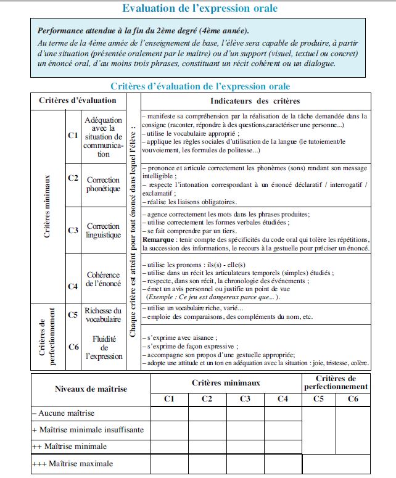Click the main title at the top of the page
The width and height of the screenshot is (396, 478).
tap(200, 8)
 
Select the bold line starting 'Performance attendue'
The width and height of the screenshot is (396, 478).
tap(144, 30)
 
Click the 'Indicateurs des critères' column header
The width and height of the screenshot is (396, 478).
tap(255, 101)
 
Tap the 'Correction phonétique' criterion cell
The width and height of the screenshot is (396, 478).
tap(103, 184)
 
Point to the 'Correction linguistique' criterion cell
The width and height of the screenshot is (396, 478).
tap(103, 231)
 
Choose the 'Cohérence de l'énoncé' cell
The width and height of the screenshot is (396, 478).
tap(103, 279)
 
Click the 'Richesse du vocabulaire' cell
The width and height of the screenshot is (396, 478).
tap(103, 316)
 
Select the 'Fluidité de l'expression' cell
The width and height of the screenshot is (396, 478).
tap(103, 347)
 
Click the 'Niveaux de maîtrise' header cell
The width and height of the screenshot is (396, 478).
tap(91, 389)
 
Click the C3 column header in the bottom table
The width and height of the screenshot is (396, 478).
tap(245, 399)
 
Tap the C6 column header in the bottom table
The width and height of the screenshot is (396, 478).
tap(353, 399)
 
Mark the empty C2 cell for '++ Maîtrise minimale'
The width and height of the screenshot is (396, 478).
tap(207, 446)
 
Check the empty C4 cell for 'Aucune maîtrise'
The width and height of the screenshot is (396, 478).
tap(283, 413)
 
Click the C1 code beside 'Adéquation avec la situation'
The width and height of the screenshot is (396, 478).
tap(73, 134)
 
